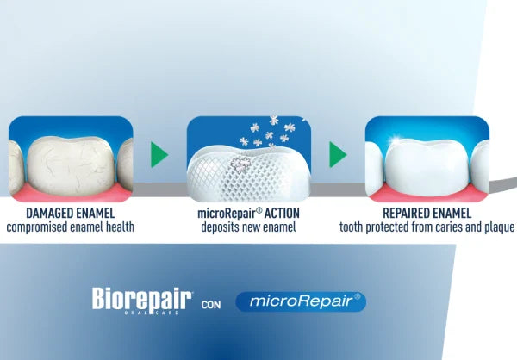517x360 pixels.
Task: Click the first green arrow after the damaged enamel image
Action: click(x=159, y=155)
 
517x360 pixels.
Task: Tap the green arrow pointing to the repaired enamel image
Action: click(x=339, y=155)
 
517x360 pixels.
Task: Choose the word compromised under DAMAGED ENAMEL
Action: click(x=40, y=227)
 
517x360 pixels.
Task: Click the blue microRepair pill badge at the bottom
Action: click(x=300, y=301)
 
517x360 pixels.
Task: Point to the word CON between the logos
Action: click(x=210, y=304)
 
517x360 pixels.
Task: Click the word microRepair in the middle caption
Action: click(x=220, y=212)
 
